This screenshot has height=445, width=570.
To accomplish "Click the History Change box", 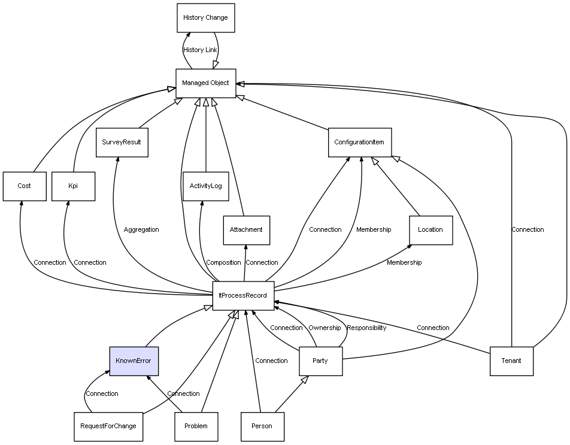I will point(205,18).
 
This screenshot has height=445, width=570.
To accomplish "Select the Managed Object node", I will point(206,83).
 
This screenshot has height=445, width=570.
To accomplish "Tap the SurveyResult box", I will point(122,143).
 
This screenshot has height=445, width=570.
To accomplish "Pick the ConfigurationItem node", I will point(360,143).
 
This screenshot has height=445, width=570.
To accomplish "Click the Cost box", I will point(24,186).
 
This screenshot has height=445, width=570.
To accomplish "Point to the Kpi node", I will point(73,186).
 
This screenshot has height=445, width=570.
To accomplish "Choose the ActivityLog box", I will point(205,186).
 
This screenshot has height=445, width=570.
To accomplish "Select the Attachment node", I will point(246,230).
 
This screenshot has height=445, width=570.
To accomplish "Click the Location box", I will point(430,230).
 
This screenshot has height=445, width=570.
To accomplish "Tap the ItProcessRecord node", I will point(243,296).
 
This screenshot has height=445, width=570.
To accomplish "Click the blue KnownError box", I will point(134,361).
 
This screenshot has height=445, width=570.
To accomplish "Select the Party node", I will point(320,361).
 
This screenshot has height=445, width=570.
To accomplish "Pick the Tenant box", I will point(511,361).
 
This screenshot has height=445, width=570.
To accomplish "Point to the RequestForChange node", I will point(108,426).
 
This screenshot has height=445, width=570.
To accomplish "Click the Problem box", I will point(196,426).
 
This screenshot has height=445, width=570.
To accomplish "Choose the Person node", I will point(262,426).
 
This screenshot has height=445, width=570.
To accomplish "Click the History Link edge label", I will point(200,50).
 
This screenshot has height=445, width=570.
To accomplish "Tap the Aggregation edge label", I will point(141,230).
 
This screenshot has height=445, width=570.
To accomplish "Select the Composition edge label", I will point(223,263).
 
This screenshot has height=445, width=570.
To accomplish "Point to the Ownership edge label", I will point(325,328).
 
